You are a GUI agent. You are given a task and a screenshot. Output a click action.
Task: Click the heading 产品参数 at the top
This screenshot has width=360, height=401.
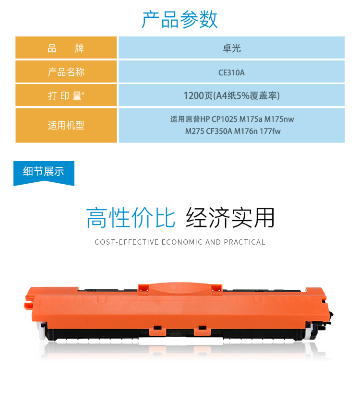pos(180,20)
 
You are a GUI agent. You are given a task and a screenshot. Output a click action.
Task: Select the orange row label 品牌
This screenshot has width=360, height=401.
pos(66,48)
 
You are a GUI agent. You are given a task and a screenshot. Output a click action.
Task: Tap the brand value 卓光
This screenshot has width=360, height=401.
pos(231,48)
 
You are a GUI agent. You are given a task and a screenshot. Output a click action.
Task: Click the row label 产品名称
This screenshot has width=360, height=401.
pos(66,72)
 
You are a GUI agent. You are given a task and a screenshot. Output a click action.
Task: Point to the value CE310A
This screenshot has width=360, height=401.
pos(231,72)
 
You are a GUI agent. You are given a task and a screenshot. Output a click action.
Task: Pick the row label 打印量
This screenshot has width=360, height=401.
pos(66,96)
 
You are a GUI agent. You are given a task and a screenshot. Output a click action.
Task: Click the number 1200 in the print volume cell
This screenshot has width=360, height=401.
pos(194,95)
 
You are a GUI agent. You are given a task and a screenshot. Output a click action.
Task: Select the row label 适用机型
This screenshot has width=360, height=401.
pos(66,125)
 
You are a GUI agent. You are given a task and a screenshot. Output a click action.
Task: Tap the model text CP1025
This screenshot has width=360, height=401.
pos(224,119)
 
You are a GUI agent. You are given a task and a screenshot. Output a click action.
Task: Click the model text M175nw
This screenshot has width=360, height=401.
pos(279,119)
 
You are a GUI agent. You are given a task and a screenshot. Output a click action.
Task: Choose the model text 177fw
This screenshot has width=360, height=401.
pos(270,131)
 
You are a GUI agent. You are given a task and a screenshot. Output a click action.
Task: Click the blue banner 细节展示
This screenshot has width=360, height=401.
pos(44,172)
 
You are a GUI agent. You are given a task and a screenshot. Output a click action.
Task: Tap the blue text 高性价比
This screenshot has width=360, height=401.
pos(131,218)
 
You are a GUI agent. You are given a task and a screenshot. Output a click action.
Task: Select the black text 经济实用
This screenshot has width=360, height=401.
pos(230,218)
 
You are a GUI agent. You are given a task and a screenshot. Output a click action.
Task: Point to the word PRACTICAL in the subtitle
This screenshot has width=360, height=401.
pos(245,242)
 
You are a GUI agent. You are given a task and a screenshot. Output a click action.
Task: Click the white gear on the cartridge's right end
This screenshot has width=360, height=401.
pos(309,331)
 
